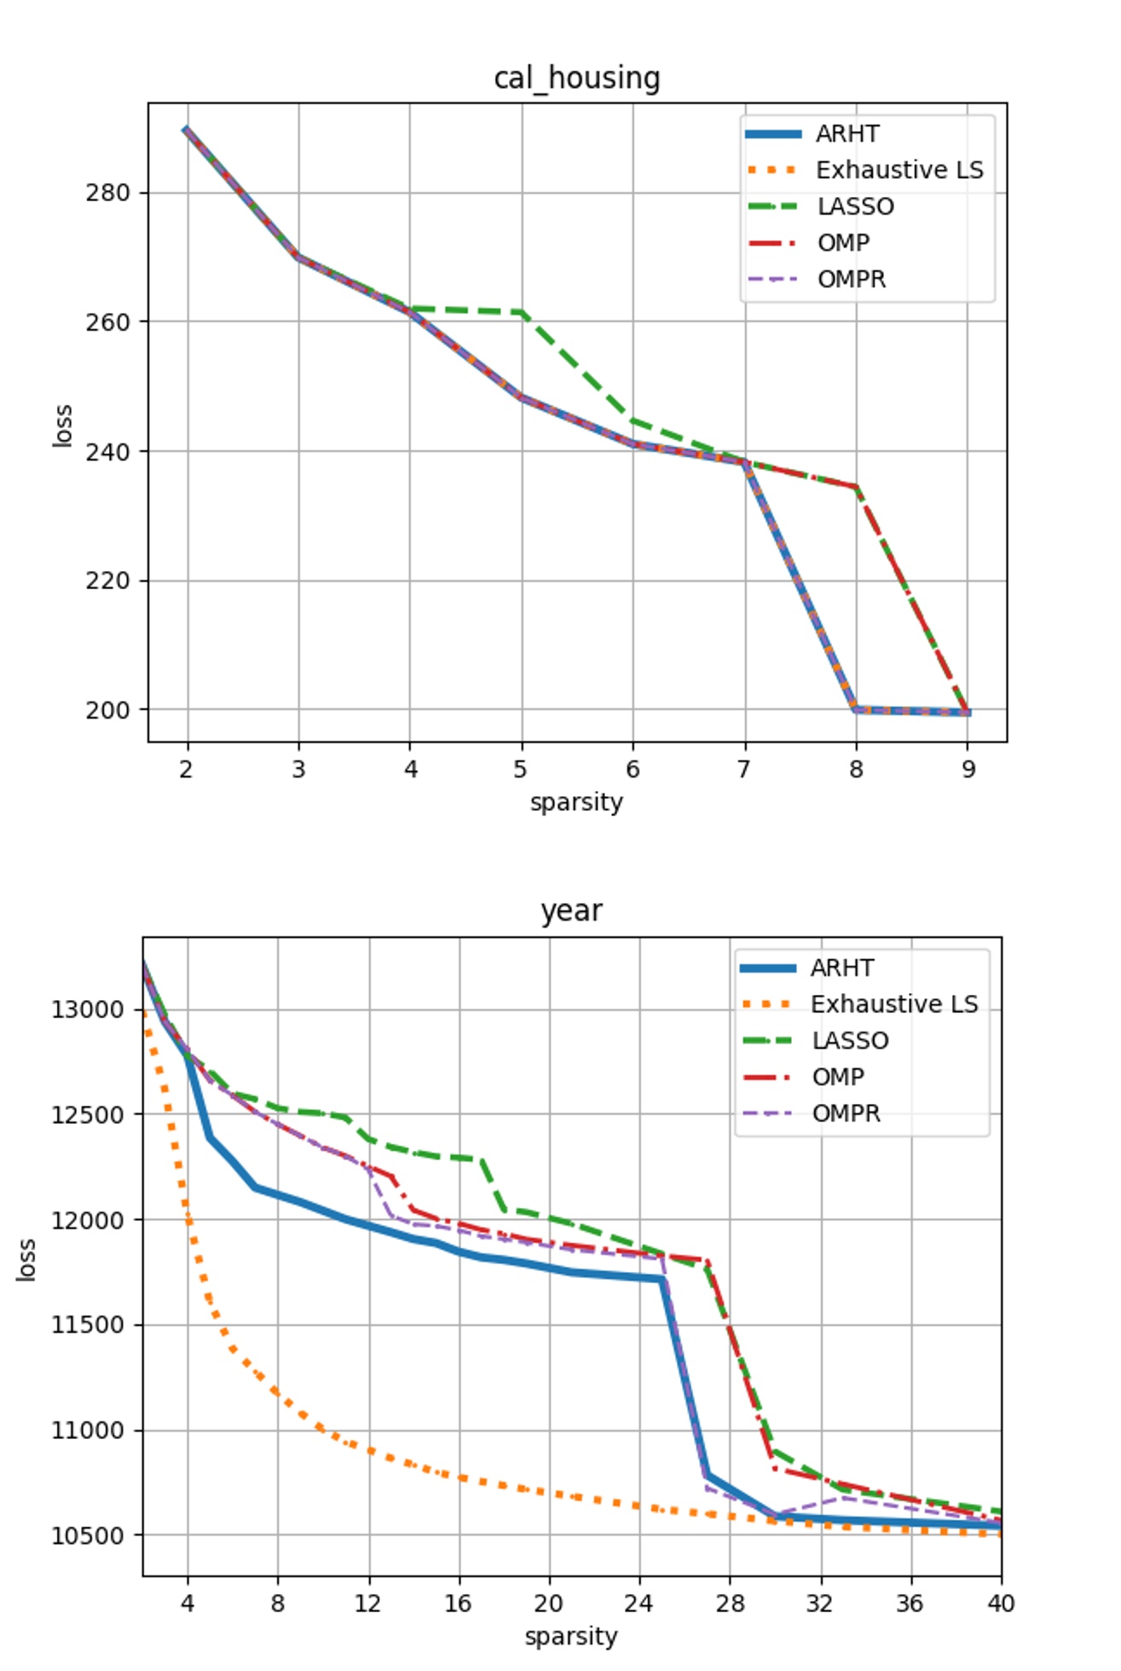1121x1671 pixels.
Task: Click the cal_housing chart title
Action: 576,78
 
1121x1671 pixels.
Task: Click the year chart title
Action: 571,911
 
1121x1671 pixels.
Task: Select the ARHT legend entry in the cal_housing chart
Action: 847,134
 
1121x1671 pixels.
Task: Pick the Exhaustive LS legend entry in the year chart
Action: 893,1004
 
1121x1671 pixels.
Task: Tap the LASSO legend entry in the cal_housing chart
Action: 855,206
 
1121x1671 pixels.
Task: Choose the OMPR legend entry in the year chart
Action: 846,1113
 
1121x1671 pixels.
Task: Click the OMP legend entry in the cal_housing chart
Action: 843,243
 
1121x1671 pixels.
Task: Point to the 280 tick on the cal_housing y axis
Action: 107,193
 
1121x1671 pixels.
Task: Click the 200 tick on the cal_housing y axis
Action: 107,710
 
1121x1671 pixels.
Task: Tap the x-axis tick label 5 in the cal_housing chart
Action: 521,770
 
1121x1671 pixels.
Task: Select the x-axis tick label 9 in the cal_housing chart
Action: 968,770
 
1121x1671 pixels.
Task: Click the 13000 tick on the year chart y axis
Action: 88,1009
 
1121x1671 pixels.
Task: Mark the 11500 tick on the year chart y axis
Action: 88,1325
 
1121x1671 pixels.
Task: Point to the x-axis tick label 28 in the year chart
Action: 730,1604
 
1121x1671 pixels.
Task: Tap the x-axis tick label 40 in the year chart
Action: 1001,1604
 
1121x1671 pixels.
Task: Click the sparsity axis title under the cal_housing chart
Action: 576,802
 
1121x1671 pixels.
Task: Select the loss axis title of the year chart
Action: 26,1259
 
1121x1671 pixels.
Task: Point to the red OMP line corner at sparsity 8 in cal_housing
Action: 856,487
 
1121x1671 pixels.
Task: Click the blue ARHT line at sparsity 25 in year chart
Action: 662,1279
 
